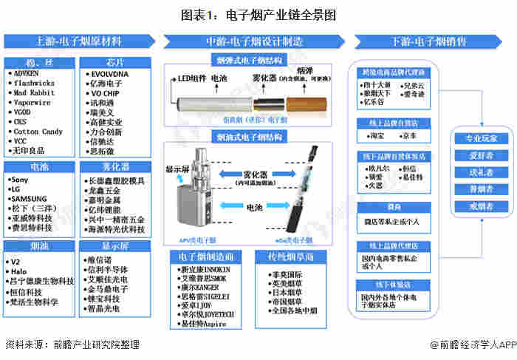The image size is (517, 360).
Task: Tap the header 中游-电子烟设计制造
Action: pos(254,41)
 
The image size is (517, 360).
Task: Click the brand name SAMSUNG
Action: pos(30,199)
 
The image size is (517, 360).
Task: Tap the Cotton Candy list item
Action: pos(38,132)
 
